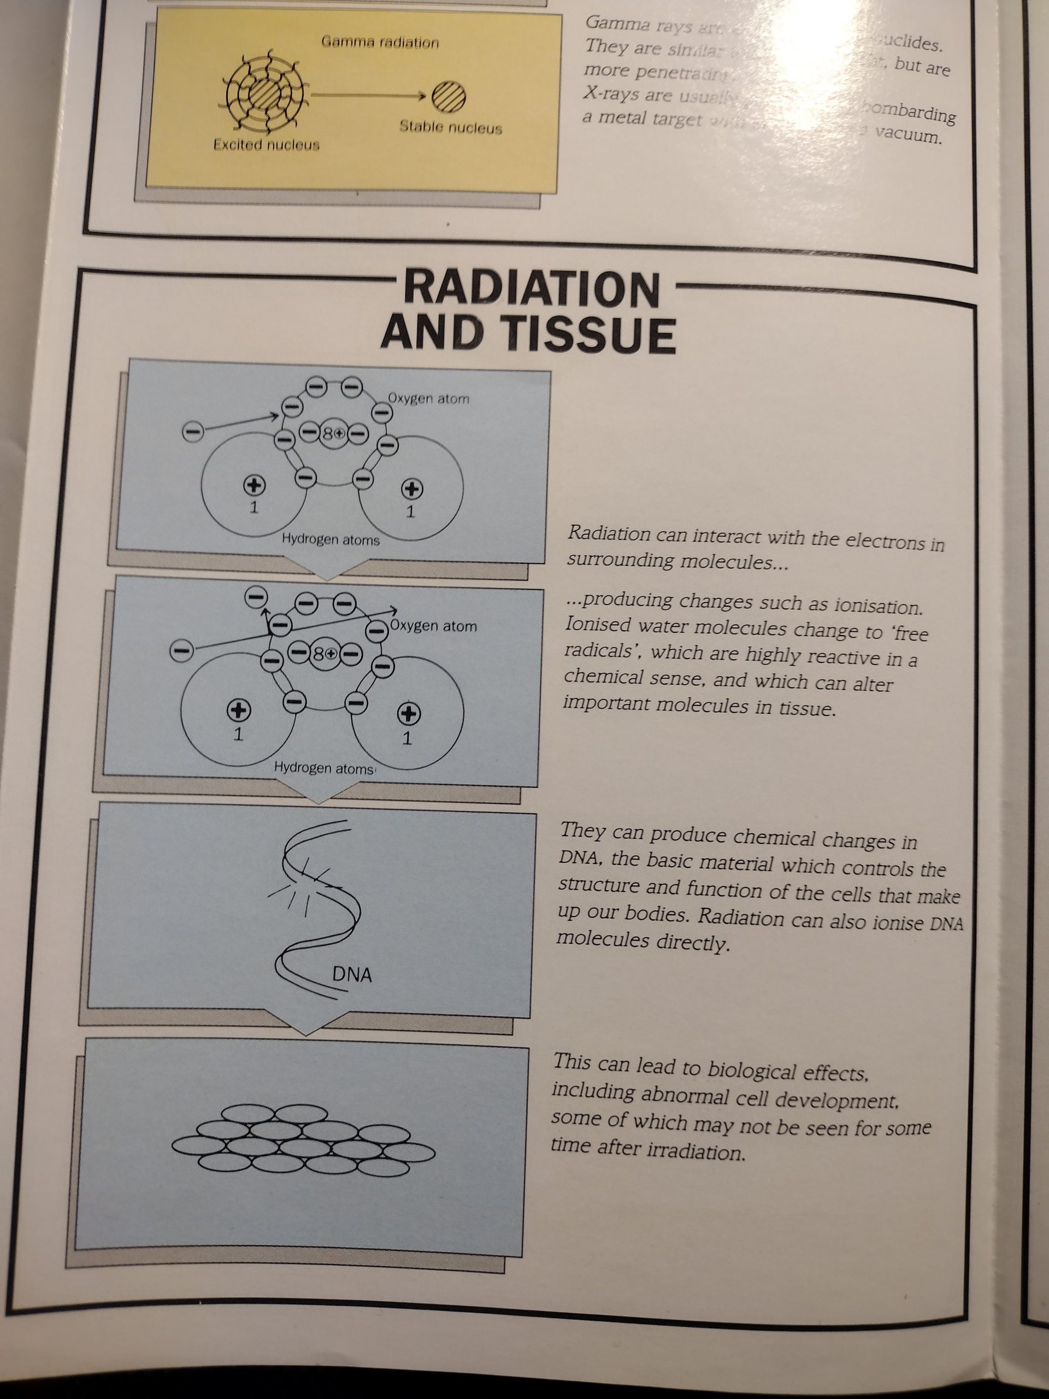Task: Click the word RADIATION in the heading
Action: click(x=531, y=289)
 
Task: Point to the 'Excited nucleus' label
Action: click(x=266, y=145)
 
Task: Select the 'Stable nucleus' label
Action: click(x=450, y=128)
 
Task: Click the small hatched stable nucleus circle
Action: click(x=449, y=97)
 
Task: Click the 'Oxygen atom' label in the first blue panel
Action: click(x=429, y=398)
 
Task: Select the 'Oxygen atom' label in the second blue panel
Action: click(x=433, y=626)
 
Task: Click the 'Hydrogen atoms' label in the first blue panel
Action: click(x=331, y=539)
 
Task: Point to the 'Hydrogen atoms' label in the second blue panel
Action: click(x=324, y=768)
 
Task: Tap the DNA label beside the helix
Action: click(x=351, y=974)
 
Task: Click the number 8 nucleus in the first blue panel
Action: click(x=333, y=434)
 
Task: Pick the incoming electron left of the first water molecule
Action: click(x=193, y=432)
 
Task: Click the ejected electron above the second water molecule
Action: click(x=256, y=596)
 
